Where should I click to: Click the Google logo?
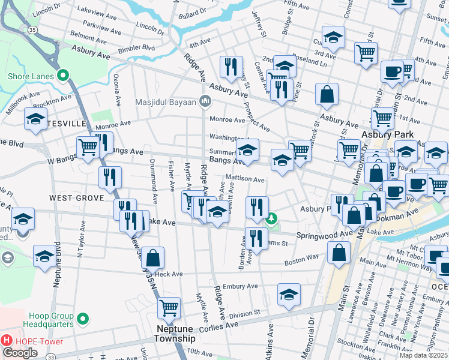20,353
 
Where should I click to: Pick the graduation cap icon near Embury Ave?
289,295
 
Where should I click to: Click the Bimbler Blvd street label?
136,47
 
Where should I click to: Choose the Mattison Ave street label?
245,179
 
